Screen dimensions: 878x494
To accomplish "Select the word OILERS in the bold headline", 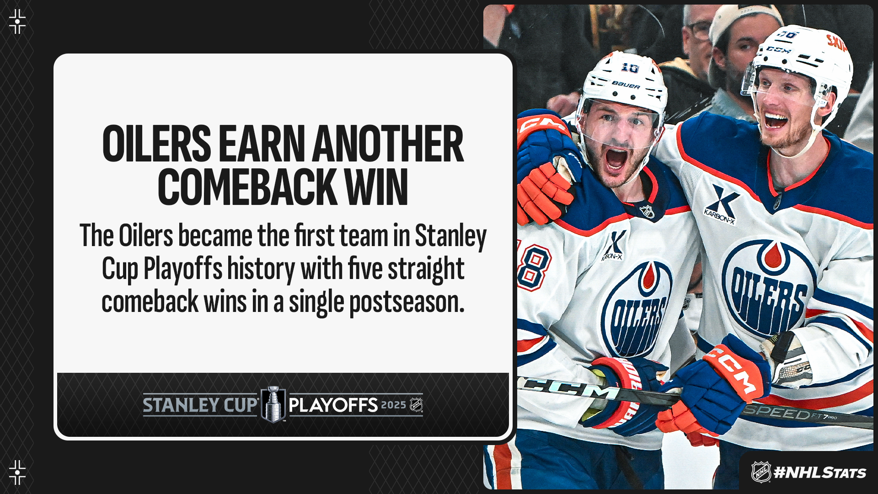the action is [157, 144].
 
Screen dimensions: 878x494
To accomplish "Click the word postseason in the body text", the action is [407, 303].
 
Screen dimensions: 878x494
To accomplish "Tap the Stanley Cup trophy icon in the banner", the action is [273, 404].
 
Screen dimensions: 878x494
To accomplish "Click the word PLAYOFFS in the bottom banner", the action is [333, 405].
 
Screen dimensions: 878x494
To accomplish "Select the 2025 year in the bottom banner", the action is [394, 405].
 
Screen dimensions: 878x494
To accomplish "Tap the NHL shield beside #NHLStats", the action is [761, 472].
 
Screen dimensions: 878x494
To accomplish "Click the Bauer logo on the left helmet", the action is [626, 85].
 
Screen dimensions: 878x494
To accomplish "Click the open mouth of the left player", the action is [616, 159].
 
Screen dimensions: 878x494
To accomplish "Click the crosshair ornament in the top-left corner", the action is [17, 21].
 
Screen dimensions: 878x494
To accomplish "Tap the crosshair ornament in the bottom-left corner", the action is [17, 473].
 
